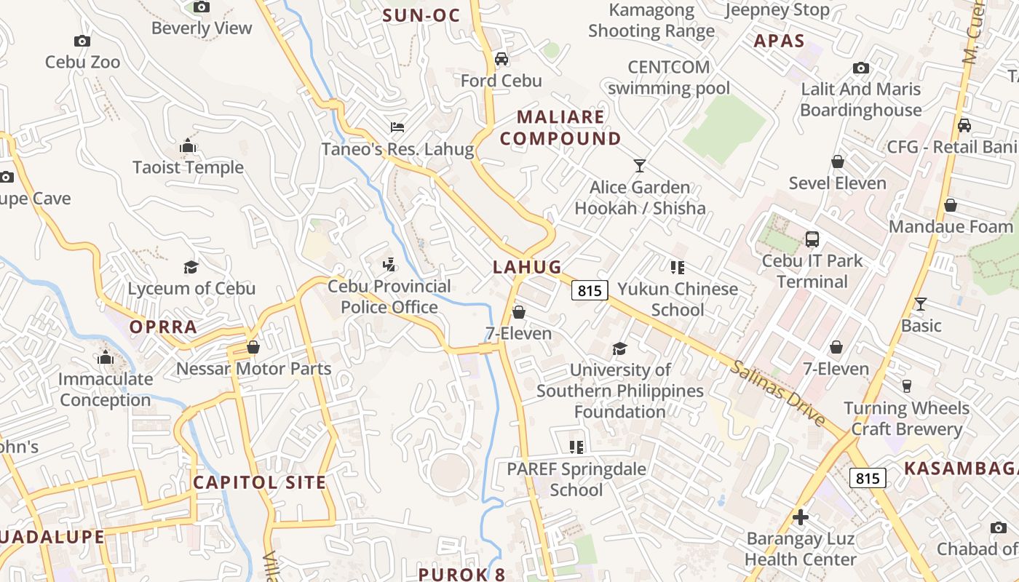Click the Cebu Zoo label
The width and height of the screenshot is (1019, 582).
82,62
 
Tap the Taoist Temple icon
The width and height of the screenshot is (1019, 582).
188,147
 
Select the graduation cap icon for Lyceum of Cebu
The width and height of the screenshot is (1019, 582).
191,267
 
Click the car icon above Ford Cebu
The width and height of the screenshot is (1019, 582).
501,59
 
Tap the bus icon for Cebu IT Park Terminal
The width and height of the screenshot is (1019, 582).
812,239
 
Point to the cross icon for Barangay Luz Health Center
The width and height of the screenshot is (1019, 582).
801,517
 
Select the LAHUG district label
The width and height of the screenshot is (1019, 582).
528,267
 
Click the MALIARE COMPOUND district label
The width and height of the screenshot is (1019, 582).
560,127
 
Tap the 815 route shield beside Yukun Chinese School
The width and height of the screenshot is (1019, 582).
590,290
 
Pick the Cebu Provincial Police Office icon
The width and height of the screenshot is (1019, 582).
389,265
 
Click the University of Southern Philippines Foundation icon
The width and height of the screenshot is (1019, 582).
619,349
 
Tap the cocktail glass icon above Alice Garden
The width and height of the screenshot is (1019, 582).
639,166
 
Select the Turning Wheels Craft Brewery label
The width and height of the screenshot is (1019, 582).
906,418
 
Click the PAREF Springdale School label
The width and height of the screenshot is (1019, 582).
576,479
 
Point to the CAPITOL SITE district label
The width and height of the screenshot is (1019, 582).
259,482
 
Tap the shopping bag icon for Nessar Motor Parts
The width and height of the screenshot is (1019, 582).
253,348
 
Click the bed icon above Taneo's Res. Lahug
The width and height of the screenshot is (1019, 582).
397,127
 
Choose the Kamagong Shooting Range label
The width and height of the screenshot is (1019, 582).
651,20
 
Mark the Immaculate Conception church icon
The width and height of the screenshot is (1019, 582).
106,358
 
